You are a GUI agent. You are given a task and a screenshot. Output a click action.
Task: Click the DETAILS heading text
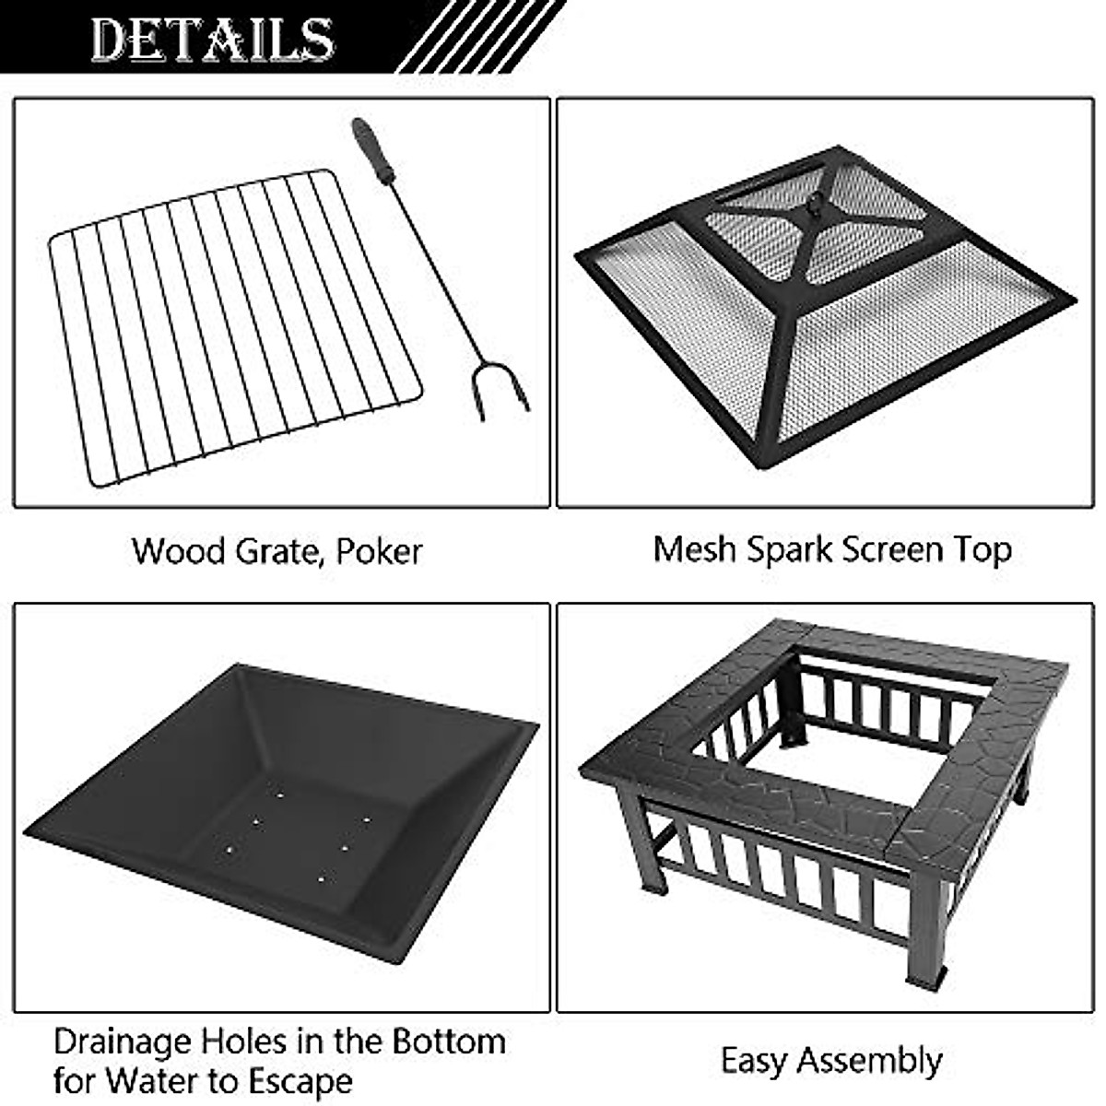click(x=212, y=39)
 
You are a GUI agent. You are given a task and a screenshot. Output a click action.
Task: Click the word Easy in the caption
click(x=756, y=1060)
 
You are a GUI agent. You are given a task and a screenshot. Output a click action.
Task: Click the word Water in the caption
click(x=151, y=1080)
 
